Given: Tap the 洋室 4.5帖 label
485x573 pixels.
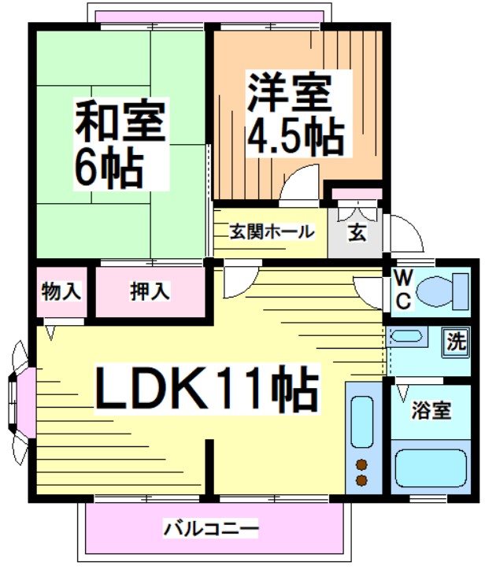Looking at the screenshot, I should point(295,113).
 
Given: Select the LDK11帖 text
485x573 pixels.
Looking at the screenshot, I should point(207,388).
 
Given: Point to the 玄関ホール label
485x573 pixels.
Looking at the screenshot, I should point(272,233).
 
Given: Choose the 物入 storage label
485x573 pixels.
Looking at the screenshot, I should point(61,291).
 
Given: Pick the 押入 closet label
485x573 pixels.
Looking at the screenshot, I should point(150,291).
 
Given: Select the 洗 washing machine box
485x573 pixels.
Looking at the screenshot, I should point(456,343).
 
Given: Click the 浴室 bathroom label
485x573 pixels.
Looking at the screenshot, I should point(431,410).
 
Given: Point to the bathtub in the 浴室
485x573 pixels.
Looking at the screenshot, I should point(431,468).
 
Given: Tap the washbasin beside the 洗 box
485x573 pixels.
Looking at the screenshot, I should point(406,339).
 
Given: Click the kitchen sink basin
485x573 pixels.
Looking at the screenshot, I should point(362,423).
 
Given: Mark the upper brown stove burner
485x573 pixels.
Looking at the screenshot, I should point(362,464).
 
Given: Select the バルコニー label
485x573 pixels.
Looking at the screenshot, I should point(210,528).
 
